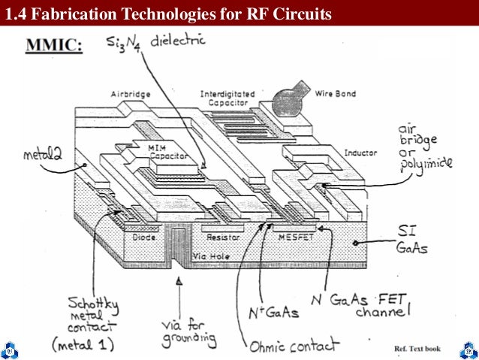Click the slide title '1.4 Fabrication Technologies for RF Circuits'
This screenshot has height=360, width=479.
tap(167, 13)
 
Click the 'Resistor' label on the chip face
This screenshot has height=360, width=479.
tap(223, 236)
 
